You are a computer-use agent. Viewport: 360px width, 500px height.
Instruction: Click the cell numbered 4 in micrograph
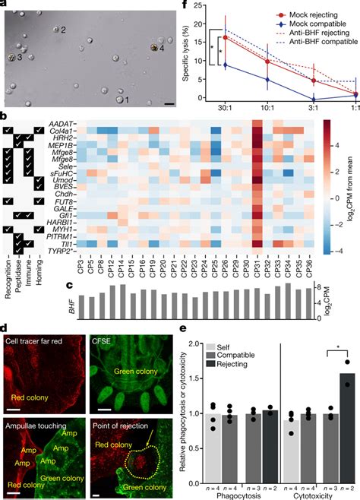point(153,47)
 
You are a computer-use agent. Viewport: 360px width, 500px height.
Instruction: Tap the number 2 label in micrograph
point(63,29)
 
